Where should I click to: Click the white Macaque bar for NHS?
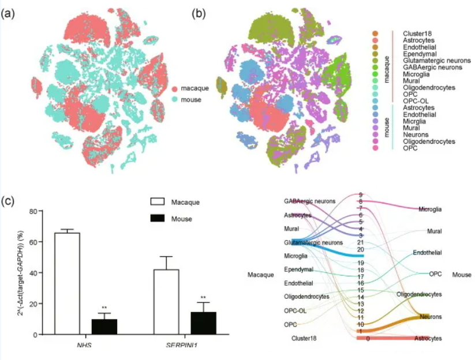pyautogui.click(x=67, y=283)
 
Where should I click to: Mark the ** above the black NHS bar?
pyautogui.click(x=104, y=307)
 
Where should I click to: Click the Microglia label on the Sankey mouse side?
pyautogui.click(x=430, y=209)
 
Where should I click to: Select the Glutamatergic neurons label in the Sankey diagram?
pyautogui.click(x=317, y=243)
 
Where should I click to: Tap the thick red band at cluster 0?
pyautogui.click(x=392, y=338)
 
